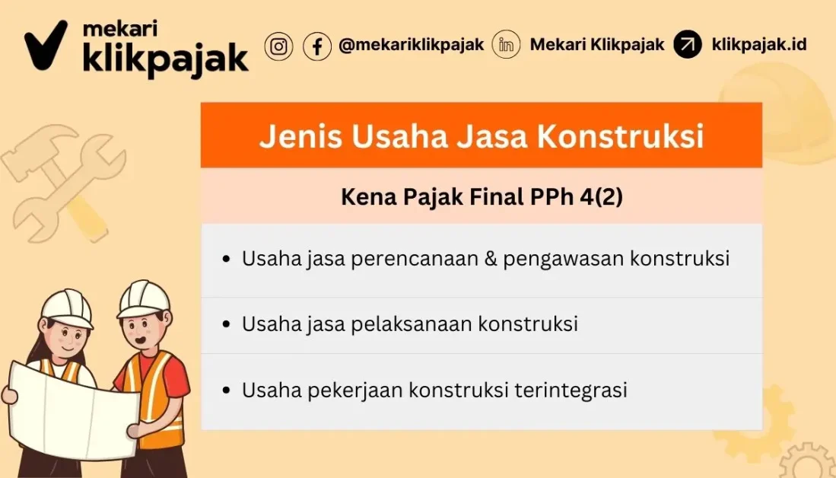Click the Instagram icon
point(278,46)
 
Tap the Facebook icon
point(316,46)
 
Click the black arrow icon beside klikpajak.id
point(688,45)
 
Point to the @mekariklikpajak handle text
point(411,45)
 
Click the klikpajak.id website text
point(758,45)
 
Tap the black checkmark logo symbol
point(46,46)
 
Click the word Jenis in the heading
point(293,136)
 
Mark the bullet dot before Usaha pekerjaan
point(226,390)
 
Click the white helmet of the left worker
point(66,308)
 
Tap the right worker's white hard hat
point(143,298)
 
